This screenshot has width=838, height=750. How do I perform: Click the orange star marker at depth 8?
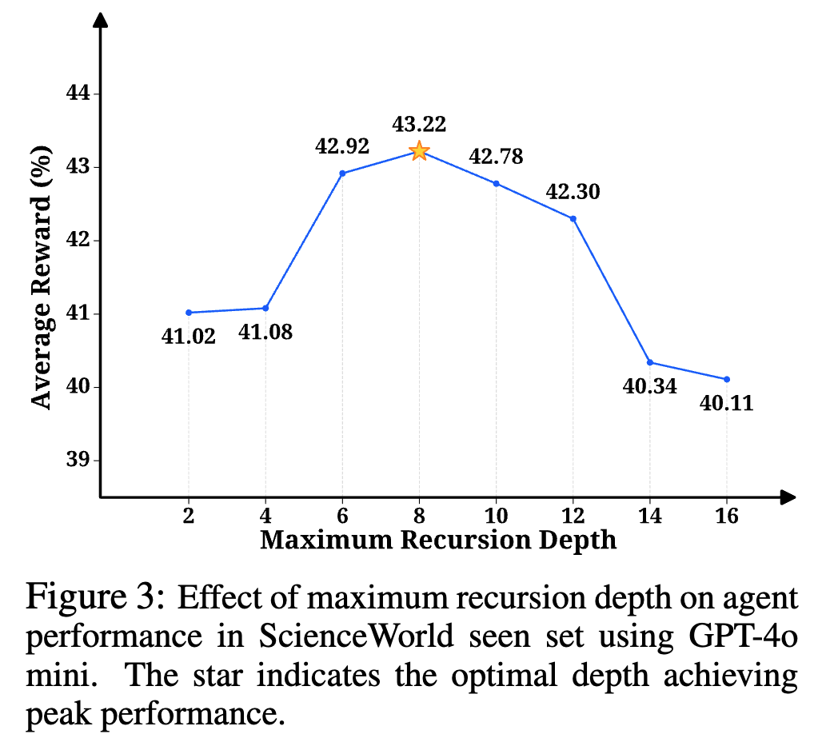(419, 150)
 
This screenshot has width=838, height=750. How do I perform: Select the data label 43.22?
(419, 124)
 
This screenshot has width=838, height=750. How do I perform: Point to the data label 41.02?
(189, 337)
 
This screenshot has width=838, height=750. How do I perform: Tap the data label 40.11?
(726, 403)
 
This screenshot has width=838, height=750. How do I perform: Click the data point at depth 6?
(342, 173)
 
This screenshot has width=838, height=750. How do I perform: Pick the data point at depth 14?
(649, 362)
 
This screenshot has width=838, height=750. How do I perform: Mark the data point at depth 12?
(573, 218)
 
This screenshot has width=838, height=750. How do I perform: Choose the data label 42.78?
(496, 156)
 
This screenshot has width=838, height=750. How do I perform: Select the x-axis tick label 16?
(726, 517)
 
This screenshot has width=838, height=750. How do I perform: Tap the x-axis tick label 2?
(189, 517)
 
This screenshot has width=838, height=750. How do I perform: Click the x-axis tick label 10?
(496, 517)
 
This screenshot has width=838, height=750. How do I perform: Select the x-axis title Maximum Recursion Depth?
(438, 540)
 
